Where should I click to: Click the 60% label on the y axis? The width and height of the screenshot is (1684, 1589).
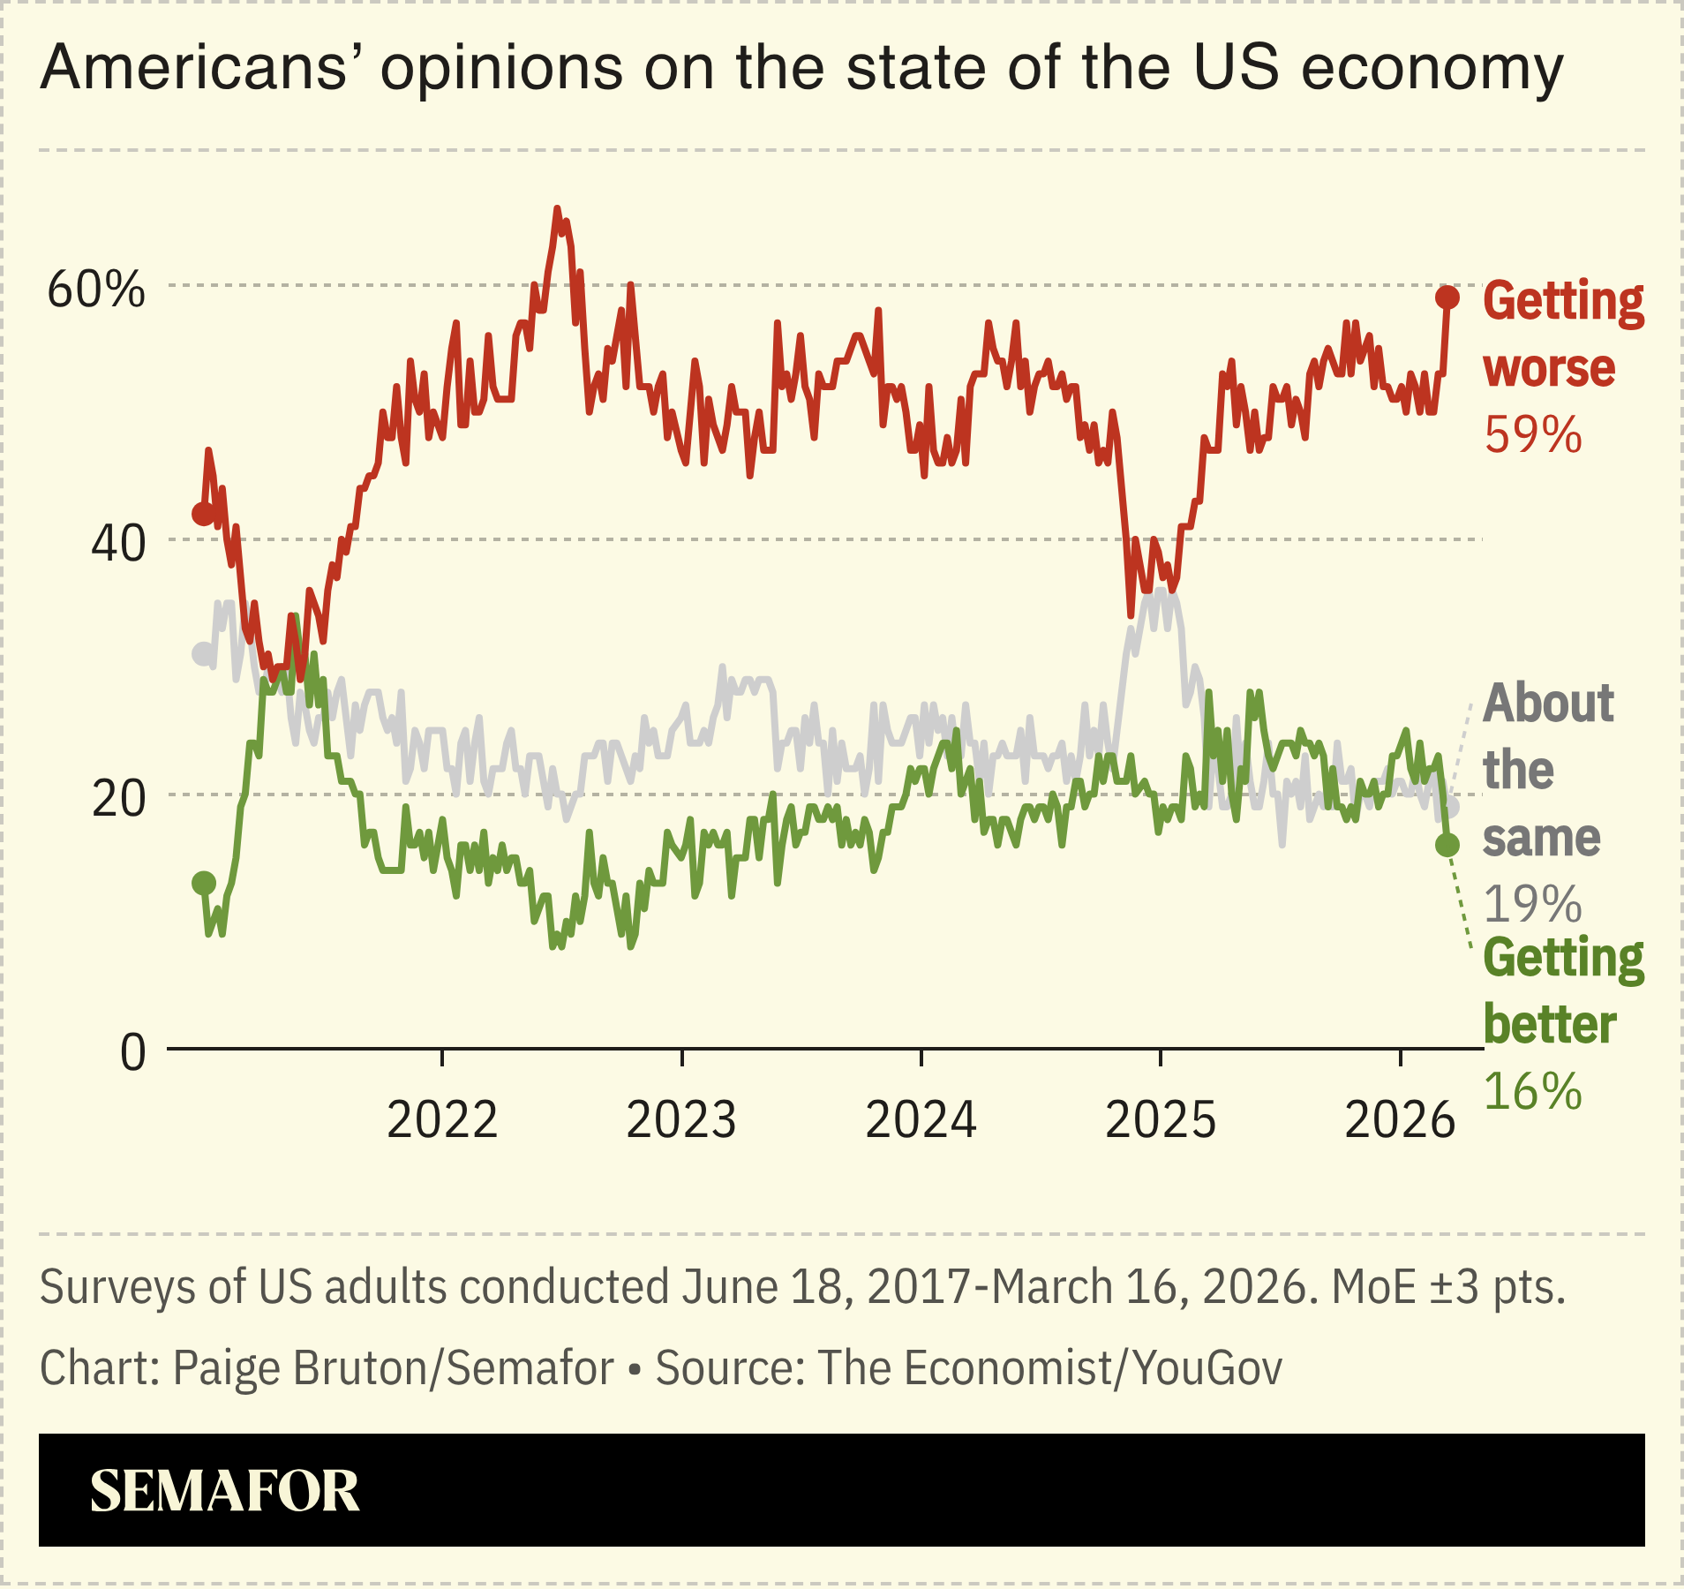[95, 290]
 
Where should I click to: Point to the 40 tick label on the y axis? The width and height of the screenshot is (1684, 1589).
[117, 544]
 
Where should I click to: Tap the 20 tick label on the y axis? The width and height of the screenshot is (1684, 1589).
[117, 799]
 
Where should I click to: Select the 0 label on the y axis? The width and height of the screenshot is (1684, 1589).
[133, 1053]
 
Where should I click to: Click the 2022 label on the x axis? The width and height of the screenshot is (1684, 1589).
[442, 1120]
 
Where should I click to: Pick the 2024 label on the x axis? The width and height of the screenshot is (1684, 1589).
[921, 1120]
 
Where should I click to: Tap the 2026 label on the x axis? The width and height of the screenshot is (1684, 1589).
[1400, 1120]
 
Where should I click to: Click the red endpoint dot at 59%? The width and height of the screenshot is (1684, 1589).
[1447, 297]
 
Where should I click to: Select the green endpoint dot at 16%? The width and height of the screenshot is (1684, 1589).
[1447, 845]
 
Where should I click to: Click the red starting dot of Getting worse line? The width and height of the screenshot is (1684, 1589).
[204, 514]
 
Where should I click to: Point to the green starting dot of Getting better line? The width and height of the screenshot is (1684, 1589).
[204, 883]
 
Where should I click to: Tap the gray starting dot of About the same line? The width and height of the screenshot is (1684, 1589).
[204, 654]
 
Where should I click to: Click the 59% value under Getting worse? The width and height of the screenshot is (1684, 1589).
[1533, 435]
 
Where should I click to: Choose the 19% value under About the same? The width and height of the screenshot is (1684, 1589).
[1533, 904]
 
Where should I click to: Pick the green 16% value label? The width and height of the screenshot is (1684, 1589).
[1533, 1092]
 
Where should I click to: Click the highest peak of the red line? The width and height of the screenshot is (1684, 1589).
[557, 209]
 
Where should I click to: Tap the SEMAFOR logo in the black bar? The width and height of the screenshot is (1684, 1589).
[224, 1491]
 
